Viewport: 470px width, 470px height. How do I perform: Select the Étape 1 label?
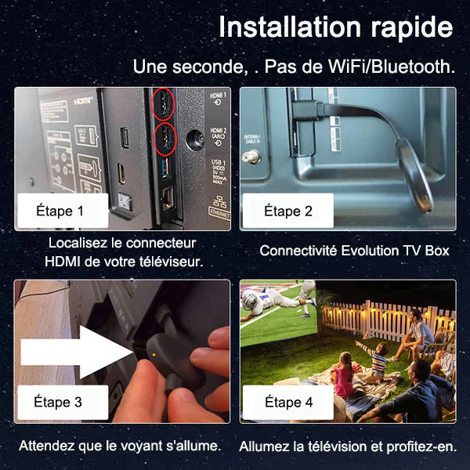point(60,210)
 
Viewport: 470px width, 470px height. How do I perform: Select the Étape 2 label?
point(287,211)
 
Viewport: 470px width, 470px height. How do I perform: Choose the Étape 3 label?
point(57,402)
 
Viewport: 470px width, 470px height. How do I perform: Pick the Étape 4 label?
point(287,402)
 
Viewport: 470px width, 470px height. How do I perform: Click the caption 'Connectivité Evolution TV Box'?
point(354,251)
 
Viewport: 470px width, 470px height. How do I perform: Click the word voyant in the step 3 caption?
point(137,446)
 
